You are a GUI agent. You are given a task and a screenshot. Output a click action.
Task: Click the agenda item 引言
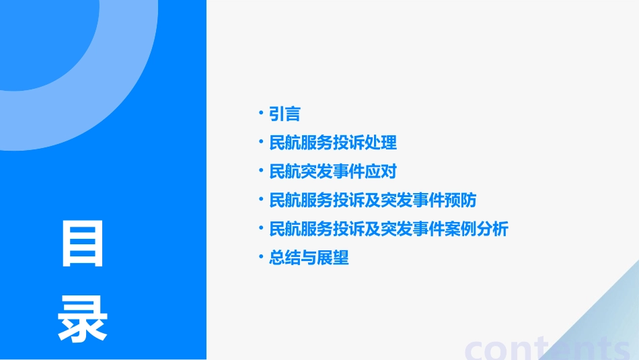(x=285, y=114)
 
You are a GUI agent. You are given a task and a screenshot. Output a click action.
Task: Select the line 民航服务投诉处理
(x=333, y=143)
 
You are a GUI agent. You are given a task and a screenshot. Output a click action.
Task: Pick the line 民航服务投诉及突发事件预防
(x=373, y=201)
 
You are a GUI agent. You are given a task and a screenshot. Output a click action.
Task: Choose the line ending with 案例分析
(x=389, y=229)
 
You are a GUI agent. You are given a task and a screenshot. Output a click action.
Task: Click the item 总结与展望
(x=309, y=258)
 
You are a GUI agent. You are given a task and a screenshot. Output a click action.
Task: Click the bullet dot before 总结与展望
(x=261, y=256)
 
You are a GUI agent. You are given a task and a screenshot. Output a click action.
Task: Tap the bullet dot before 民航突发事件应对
(x=261, y=170)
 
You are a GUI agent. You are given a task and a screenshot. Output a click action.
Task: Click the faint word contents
(x=548, y=349)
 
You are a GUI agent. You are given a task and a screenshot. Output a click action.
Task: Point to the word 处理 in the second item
(x=381, y=143)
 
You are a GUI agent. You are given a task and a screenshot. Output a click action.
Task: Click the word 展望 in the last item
(x=333, y=258)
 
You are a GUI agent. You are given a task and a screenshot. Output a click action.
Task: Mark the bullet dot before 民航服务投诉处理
(x=261, y=141)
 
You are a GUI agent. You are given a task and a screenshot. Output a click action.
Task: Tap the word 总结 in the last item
(x=285, y=258)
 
